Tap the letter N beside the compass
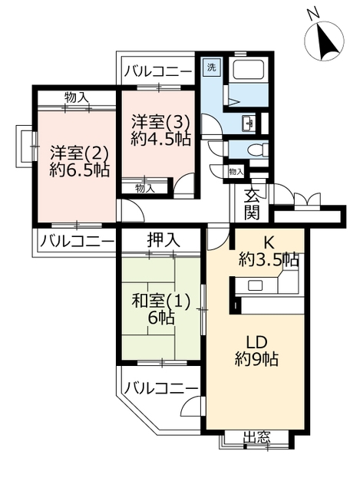[312, 14]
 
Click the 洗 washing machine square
[212, 68]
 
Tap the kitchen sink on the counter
[256, 285]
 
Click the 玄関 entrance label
[252, 205]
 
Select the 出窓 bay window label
[257, 437]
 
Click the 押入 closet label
[163, 240]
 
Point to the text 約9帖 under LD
[256, 359]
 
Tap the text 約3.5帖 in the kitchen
[269, 259]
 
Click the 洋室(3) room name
[160, 123]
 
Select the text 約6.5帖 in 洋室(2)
[80, 171]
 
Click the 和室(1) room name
[160, 302]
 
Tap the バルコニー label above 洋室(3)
[157, 72]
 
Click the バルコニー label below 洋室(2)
[77, 242]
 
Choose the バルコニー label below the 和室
[161, 389]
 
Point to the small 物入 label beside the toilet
[236, 172]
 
